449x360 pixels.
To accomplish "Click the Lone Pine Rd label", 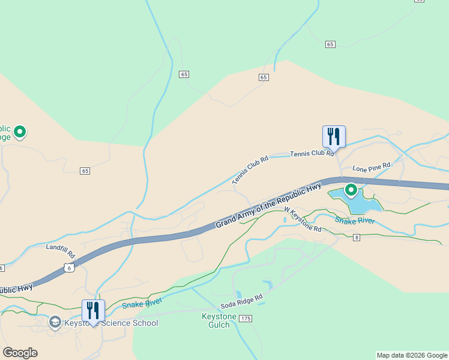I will coord(372,165).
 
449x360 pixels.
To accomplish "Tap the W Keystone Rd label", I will coord(303,220).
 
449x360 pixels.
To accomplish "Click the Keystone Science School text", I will coord(111,323).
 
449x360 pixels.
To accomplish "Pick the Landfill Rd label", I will coord(59,247).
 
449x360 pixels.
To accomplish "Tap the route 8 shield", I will coord(357,238).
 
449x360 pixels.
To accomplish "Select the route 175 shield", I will coord(245,318).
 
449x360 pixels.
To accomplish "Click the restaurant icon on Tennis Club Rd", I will coord(333,136).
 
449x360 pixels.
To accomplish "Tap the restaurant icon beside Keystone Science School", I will coord(93,310).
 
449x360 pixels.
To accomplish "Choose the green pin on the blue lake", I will coord(351,191).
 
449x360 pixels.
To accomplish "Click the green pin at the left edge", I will coord(20,131).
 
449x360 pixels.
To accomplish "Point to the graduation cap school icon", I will coord(55,323).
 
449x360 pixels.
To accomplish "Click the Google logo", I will coord(20,353).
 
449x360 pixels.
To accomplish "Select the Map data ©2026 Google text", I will coord(412,355).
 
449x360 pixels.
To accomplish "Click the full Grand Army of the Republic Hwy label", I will coord(269,205).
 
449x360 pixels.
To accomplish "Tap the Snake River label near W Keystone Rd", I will coord(355,221).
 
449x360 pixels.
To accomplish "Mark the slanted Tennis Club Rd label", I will coord(250,170).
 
